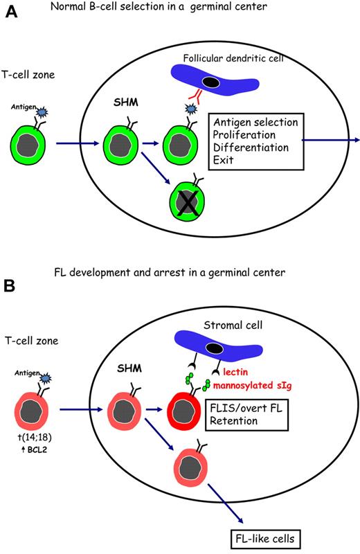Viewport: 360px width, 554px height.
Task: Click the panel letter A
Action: pos(12,14)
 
